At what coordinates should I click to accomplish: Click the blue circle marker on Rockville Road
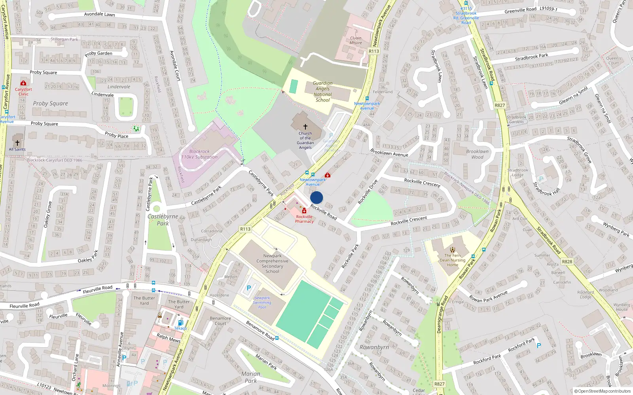pyautogui.click(x=316, y=197)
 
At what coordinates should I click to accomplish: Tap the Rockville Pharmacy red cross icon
pyautogui.click(x=304, y=211)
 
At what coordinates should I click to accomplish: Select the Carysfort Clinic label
pyautogui.click(x=23, y=92)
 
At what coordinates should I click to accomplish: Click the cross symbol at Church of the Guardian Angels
pyautogui.click(x=305, y=127)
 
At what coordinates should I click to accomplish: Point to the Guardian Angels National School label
pyautogui.click(x=323, y=92)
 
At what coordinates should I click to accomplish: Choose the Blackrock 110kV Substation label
pyautogui.click(x=199, y=154)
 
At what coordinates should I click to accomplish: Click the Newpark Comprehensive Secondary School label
pyautogui.click(x=272, y=263)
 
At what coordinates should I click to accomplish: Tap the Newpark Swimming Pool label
pyautogui.click(x=262, y=303)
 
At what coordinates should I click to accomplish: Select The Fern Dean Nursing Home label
pyautogui.click(x=453, y=260)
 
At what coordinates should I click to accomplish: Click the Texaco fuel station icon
pyautogui.click(x=181, y=323)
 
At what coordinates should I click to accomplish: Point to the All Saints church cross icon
pyautogui.click(x=17, y=143)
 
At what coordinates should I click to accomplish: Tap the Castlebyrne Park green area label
pyautogui.click(x=163, y=220)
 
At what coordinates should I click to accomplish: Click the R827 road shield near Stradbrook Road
pyautogui.click(x=500, y=105)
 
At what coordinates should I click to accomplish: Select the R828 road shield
pyautogui.click(x=567, y=261)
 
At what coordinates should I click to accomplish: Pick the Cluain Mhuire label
pyautogui.click(x=356, y=40)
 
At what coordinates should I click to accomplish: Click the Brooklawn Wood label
pyautogui.click(x=477, y=154)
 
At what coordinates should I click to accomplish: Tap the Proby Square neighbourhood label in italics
pyautogui.click(x=50, y=103)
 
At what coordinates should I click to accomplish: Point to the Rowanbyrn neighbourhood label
pyautogui.click(x=374, y=347)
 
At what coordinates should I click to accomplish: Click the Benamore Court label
pyautogui.click(x=220, y=321)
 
